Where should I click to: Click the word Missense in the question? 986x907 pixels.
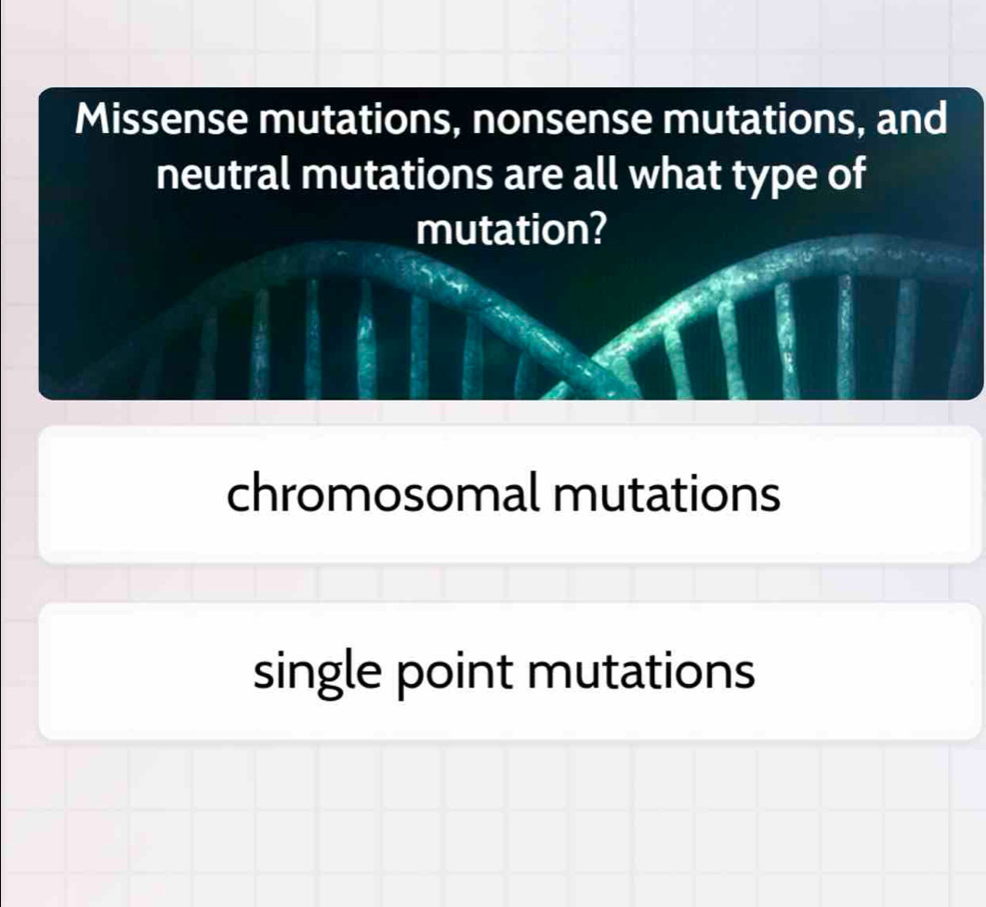(x=163, y=120)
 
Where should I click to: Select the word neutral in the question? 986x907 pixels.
(x=224, y=174)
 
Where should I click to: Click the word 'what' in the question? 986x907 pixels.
(x=677, y=174)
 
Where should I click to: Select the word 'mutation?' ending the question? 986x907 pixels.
(x=512, y=230)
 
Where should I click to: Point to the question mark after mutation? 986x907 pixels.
(x=600, y=230)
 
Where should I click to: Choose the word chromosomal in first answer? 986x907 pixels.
(x=384, y=493)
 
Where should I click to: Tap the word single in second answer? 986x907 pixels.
(x=318, y=674)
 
